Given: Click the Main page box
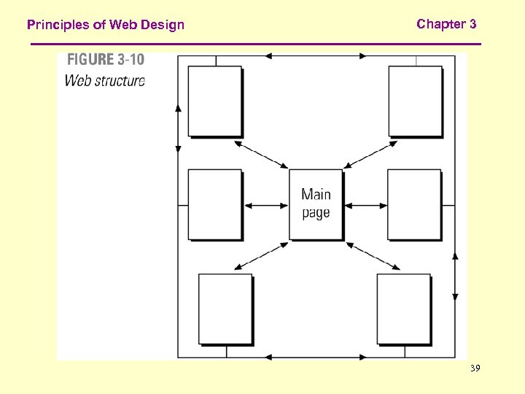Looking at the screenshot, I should tap(316, 204).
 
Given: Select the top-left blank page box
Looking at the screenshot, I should tap(215, 101).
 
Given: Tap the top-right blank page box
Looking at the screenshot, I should tap(415, 101).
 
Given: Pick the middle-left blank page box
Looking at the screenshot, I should tap(215, 204).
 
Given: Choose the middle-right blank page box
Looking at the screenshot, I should tap(414, 204).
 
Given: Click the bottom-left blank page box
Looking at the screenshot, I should tap(225, 309).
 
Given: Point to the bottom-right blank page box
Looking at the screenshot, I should tap(403, 309).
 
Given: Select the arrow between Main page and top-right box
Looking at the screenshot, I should tap(370, 155).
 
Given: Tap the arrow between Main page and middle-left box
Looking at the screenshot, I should tap(266, 206).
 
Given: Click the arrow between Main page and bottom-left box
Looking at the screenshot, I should tap(262, 256).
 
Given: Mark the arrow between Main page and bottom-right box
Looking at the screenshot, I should tap(372, 256).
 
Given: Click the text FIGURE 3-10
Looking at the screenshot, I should tap(106, 61).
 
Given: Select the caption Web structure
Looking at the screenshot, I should tap(105, 80).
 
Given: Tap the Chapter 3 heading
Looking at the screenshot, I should tap(446, 24).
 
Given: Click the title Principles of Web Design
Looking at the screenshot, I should tap(106, 25).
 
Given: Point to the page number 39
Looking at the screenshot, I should tap(475, 370).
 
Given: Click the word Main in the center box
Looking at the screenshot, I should tap(316, 194).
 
